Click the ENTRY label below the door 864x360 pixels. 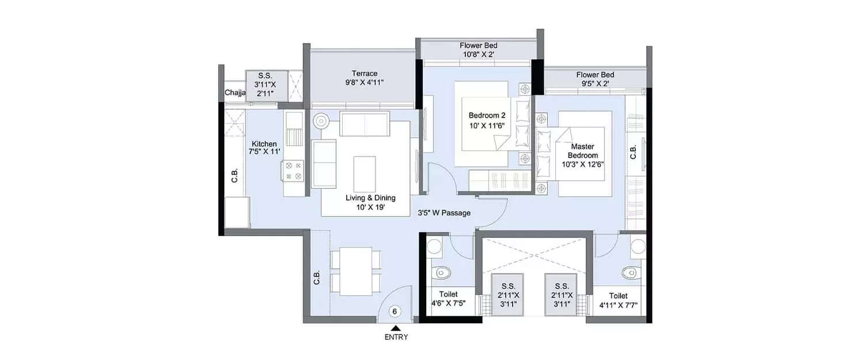[396, 338]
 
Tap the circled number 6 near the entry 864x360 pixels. [395, 312]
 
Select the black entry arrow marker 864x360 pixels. [396, 328]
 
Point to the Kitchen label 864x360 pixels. [264, 147]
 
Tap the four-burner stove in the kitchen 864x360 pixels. [293, 170]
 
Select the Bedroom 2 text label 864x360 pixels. [487, 120]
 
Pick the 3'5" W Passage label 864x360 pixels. [444, 213]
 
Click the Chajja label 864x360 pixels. [235, 93]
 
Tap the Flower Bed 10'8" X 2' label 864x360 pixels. [478, 50]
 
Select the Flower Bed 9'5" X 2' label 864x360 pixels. [595, 79]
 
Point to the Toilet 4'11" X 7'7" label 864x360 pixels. [619, 300]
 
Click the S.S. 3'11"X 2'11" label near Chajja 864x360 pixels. [265, 84]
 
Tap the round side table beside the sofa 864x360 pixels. [321, 122]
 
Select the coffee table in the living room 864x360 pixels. [365, 171]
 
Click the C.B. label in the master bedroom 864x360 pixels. [633, 152]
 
